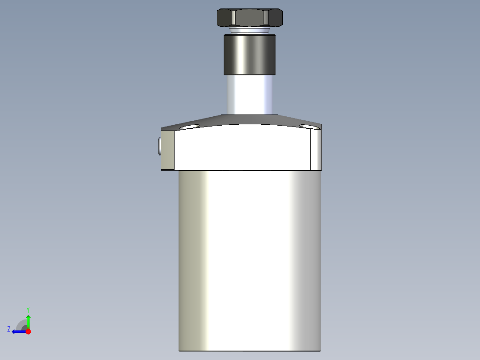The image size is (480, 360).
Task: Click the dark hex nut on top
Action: click(249, 18)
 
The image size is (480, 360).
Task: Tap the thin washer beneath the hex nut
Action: click(249, 31)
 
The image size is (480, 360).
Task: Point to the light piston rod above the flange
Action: click(249, 94)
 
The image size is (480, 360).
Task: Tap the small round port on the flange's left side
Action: click(159, 146)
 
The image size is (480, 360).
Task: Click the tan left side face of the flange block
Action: click(167, 150)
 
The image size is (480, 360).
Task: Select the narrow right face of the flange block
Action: click(315, 150)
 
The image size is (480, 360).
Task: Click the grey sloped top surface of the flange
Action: click(249, 120)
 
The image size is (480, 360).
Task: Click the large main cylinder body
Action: click(249, 258)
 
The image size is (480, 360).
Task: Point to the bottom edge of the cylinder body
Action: click(249, 351)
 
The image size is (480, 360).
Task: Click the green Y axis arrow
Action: click(28, 321)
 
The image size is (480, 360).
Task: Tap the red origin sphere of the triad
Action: click(28, 331)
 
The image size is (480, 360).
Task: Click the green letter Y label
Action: click(28, 309)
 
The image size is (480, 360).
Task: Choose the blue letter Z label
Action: click(9, 329)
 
